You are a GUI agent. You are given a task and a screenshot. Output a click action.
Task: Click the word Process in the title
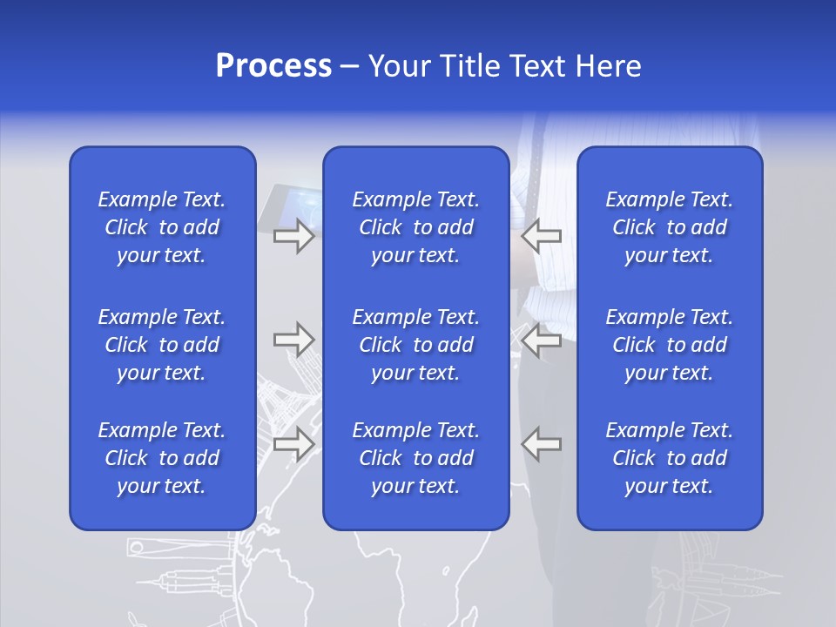(273, 66)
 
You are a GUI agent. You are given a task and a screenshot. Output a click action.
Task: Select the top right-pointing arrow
(293, 236)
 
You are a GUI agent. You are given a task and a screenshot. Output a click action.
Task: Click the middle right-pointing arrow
(293, 340)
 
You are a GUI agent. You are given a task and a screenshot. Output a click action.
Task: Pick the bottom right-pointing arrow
(293, 443)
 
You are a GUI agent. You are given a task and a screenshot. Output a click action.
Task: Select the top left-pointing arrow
(541, 236)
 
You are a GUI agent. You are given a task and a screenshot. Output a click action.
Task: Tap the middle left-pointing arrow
(541, 340)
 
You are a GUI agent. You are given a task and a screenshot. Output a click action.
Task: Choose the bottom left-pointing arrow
(541, 443)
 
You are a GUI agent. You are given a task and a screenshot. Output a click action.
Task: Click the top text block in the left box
(162, 227)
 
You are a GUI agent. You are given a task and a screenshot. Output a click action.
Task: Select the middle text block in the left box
(162, 345)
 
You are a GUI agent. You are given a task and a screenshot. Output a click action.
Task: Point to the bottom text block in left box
(162, 458)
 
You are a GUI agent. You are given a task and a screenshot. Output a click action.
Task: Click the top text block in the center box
(415, 227)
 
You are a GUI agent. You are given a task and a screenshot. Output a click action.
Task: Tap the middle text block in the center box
(415, 345)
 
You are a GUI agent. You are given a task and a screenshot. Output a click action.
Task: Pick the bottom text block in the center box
(415, 458)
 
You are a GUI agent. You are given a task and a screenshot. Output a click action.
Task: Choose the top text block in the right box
(669, 227)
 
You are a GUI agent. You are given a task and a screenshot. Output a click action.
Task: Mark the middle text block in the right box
(669, 345)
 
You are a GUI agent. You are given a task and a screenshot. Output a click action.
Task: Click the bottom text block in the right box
(669, 458)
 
